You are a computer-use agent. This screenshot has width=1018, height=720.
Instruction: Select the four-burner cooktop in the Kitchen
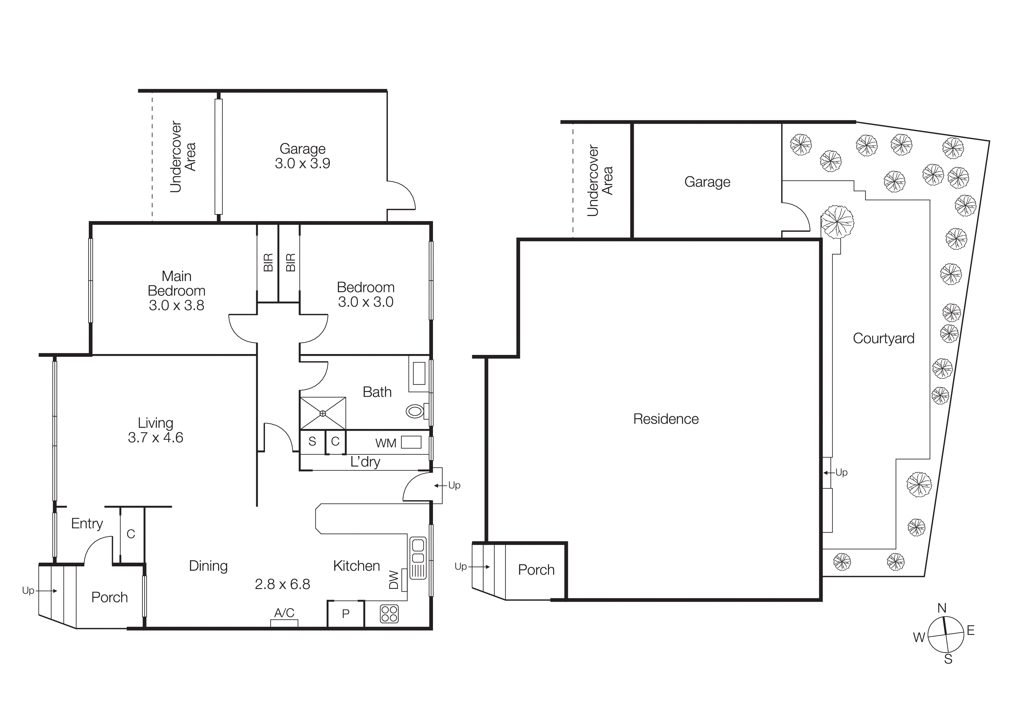point(389,614)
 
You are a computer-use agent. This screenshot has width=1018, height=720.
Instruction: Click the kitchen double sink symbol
point(418,558)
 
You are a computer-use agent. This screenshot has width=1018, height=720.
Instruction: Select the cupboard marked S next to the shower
point(312,441)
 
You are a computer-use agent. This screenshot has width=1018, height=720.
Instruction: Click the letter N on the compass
point(942,608)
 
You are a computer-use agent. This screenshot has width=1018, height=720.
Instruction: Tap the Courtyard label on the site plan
point(883,338)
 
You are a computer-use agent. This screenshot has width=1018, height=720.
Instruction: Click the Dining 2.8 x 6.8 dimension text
point(282,584)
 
